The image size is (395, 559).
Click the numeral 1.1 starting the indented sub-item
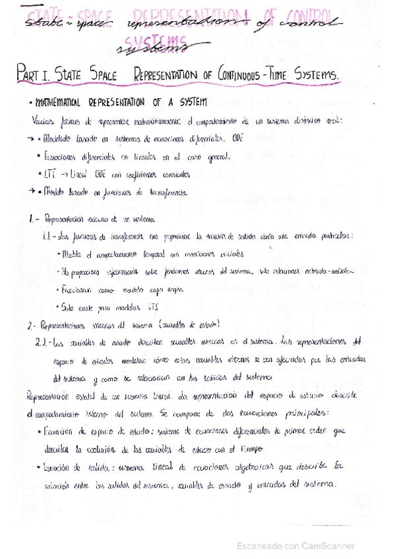[x=47, y=235]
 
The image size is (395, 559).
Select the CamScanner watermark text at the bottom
[x=297, y=546]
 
